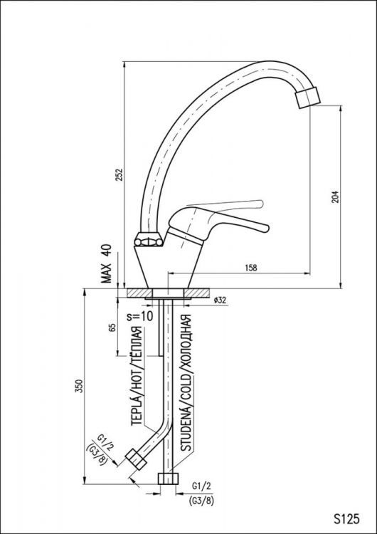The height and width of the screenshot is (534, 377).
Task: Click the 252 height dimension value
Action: pyautogui.click(x=120, y=174)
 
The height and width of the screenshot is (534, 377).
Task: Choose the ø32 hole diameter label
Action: pyautogui.click(x=219, y=300)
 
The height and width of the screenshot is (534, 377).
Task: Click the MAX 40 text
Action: pyautogui.click(x=107, y=264)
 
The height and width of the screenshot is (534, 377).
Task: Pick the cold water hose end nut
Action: pyautogui.click(x=169, y=478)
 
